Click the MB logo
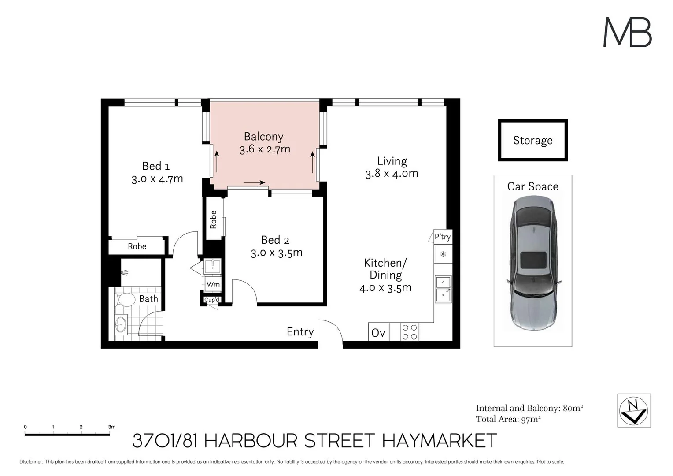627,32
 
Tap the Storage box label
532,140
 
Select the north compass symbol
634,410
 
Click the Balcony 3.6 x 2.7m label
264,143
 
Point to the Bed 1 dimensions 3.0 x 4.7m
157,179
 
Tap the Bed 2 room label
275,240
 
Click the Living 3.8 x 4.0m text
392,167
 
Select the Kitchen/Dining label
385,269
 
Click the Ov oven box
378,332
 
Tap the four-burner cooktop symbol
410,332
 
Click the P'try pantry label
443,237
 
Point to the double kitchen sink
443,289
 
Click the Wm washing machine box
213,284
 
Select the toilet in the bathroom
126,300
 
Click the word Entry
300,331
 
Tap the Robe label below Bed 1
137,246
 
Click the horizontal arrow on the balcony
254,182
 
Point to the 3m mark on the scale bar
110,427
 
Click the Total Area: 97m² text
508,419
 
